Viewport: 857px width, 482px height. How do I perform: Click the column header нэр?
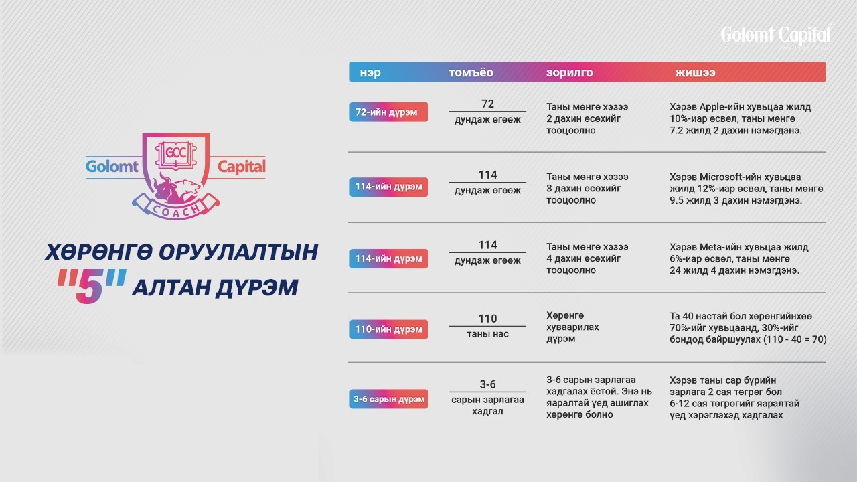(370, 72)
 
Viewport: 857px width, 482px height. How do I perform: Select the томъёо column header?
(471, 72)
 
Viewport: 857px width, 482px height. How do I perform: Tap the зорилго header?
(569, 72)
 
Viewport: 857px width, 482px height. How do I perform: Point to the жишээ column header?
(695, 72)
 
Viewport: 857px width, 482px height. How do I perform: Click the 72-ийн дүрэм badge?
(389, 112)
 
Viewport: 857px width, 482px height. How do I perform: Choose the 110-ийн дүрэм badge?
(389, 329)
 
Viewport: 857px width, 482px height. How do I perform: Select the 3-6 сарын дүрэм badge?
(389, 399)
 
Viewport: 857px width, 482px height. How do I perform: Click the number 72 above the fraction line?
(487, 104)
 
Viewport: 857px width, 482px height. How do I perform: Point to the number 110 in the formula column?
(487, 319)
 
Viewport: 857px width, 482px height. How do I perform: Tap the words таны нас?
(487, 334)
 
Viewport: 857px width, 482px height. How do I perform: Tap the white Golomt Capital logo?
(775, 36)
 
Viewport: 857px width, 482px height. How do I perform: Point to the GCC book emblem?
(175, 155)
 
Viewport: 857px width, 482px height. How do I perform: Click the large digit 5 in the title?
(90, 286)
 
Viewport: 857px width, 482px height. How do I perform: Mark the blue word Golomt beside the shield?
(112, 167)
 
